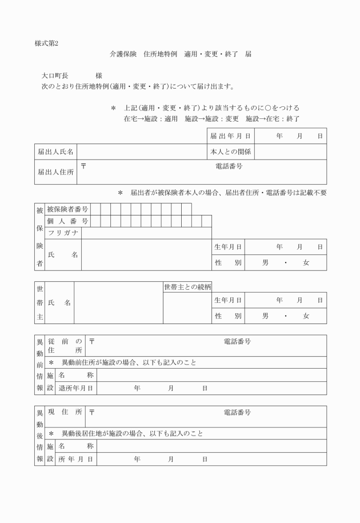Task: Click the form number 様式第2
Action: pos(46,43)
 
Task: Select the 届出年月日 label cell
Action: pos(230,136)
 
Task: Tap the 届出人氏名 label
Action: pos(55,152)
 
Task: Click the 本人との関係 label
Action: pos(230,152)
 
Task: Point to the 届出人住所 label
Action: pos(55,171)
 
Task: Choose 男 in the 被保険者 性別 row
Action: pos(265,263)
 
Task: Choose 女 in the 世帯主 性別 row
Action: pos(306,316)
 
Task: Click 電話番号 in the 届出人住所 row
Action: pos(229,166)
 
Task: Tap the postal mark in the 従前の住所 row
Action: pos(91,341)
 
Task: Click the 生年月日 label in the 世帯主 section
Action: pos(228,300)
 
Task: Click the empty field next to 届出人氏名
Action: pos(141,152)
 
